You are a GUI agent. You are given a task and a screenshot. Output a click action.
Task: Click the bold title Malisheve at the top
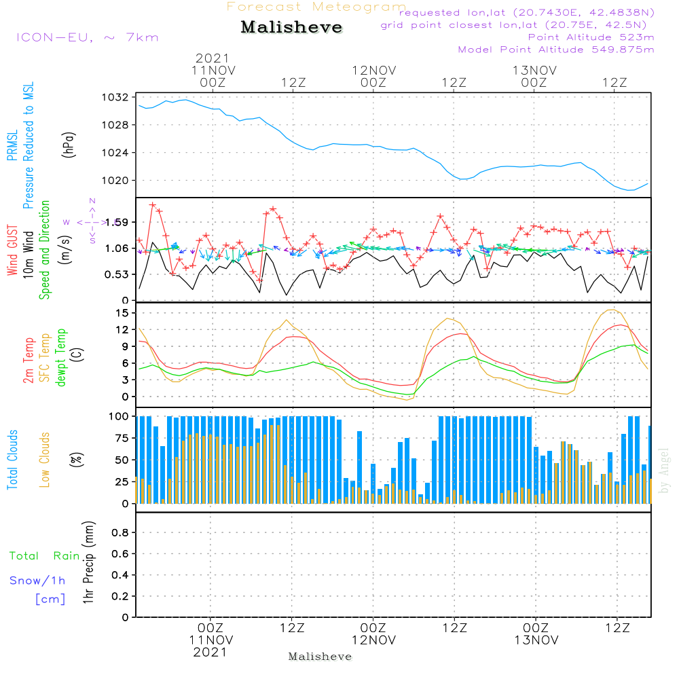292,27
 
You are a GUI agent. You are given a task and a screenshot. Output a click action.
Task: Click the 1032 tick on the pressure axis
117,97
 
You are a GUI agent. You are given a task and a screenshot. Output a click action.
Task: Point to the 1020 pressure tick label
117,180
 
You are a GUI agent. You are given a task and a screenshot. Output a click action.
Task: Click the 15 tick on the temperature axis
122,312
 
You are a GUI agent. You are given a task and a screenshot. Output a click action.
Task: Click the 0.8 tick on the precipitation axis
120,533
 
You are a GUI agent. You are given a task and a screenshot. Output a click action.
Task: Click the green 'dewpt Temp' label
61,358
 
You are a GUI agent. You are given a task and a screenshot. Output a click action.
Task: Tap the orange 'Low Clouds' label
45,459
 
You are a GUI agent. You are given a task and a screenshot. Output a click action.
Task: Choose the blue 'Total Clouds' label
12,459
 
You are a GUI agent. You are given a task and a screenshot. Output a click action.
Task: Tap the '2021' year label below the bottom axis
210,653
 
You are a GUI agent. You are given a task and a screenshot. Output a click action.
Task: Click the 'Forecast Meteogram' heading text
316,7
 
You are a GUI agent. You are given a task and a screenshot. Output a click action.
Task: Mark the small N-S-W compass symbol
91,222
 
